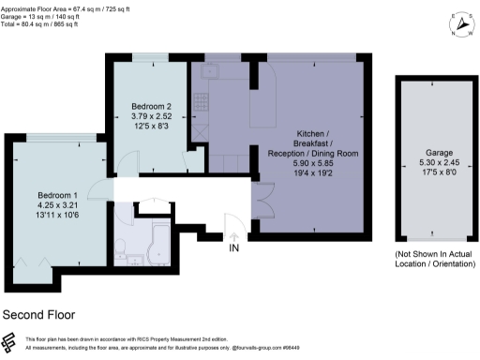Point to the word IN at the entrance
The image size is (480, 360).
point(234,247)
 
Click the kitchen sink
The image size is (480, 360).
point(208,72)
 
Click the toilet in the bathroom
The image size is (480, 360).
point(123,247)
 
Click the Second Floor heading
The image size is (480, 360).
point(39,315)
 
